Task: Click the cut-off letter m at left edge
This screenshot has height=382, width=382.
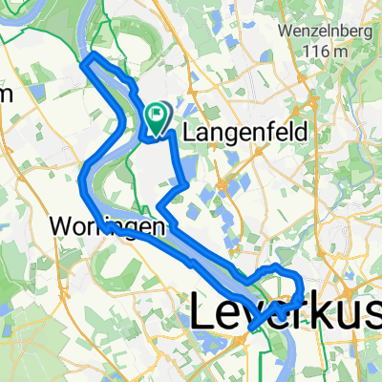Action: point(5,94)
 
